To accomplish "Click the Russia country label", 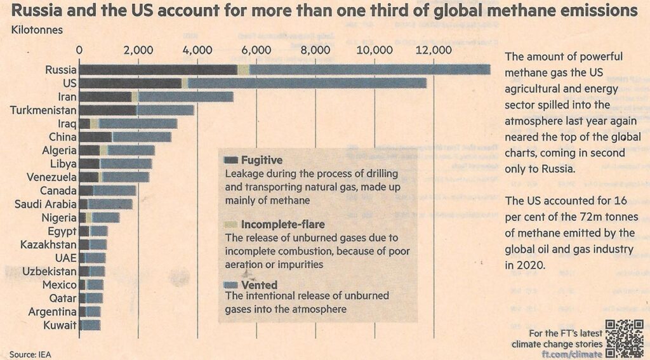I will [61, 70].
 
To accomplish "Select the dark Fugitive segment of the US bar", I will [130, 83].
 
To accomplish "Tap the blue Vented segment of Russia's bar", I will [368, 70].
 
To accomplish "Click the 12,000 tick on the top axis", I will [434, 51].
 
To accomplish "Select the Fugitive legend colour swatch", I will [230, 160].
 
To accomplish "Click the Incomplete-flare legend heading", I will [283, 224].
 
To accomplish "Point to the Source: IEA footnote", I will [30, 353].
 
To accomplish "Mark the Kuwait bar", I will [90, 325].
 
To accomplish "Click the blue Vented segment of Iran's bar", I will [185, 97].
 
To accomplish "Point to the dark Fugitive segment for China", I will [95, 137].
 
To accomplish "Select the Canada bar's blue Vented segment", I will [114, 190].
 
